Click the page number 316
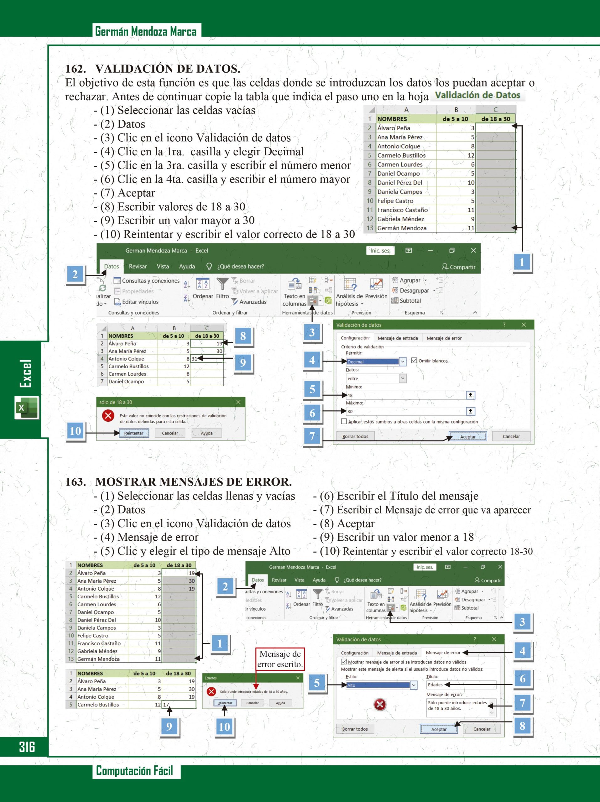[27, 747]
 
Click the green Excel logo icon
[26, 408]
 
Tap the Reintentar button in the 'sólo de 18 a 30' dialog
[133, 433]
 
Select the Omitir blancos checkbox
[414, 360]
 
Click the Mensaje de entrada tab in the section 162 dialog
[397, 338]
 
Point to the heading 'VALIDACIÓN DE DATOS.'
[168, 69]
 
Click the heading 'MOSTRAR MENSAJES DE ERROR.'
[193, 482]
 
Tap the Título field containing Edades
[461, 685]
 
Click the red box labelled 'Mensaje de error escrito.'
[279, 659]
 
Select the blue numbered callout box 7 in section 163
[522, 703]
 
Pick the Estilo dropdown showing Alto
[381, 685]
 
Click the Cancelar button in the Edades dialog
[252, 703]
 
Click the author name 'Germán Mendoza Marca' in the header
[146, 32]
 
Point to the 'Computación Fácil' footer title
[134, 770]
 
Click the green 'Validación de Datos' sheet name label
[477, 95]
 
